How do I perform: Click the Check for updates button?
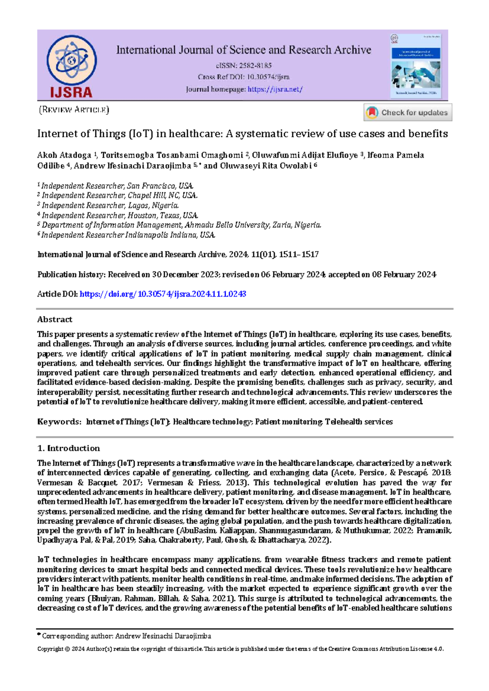pos(408,112)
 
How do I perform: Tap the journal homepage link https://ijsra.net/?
pos(275,89)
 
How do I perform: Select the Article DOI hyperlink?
pos(163,294)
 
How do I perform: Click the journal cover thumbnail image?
pos(416,65)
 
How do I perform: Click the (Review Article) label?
pos(74,110)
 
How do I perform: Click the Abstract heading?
pos(55,319)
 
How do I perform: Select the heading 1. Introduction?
pos(68,448)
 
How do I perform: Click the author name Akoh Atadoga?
pos(64,155)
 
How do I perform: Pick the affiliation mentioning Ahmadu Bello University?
pos(181,225)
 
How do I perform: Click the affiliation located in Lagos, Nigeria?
pos(110,205)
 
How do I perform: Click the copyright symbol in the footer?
pos(67,649)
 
